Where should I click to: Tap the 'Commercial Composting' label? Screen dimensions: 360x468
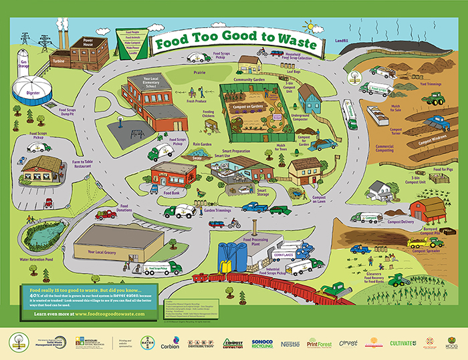[x=389, y=148]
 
